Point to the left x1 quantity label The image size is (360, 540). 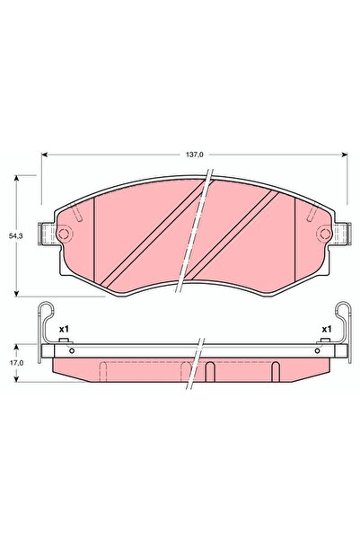(x=64, y=330)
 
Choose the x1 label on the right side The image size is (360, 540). (x=327, y=330)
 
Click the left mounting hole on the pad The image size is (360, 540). (x=65, y=235)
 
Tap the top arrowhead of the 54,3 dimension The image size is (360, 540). (x=19, y=178)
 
